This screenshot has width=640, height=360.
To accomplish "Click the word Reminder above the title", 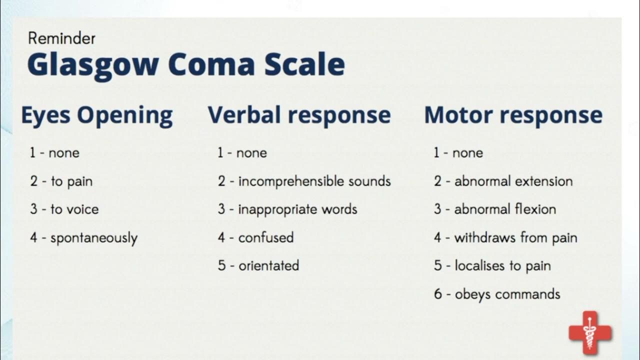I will coord(61,38).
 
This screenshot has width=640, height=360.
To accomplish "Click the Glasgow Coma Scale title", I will coord(185,64).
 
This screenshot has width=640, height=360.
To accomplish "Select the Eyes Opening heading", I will coord(96,115).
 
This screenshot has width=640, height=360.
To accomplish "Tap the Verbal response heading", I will coord(299,115).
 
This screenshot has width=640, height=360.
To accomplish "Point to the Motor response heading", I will coord(513,115).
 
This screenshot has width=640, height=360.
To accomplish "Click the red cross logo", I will coord(590,333).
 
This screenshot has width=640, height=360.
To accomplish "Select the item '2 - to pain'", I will coord(61,181).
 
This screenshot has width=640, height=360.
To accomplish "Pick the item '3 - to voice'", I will coord(64,209).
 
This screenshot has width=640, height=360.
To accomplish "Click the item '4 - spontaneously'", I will coord(83,237).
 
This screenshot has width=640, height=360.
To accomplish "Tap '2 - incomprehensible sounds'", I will coord(304,181).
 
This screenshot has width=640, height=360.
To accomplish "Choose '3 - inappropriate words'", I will coord(287,209).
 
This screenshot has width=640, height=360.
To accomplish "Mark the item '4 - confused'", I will coord(255,237).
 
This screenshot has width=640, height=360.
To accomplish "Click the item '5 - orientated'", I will coord(258,265).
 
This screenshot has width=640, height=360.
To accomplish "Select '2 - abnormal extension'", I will coord(503,181).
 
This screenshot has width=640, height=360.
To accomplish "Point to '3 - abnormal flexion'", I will coord(495,209).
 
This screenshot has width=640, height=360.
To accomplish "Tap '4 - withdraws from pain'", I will coord(505,237).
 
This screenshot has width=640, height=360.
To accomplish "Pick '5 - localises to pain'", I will coord(492,265).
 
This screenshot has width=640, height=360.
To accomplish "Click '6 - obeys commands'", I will coord(497,294).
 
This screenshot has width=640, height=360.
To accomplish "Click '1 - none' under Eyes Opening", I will coord(54,152).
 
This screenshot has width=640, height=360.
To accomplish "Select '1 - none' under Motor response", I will coord(458,152).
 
